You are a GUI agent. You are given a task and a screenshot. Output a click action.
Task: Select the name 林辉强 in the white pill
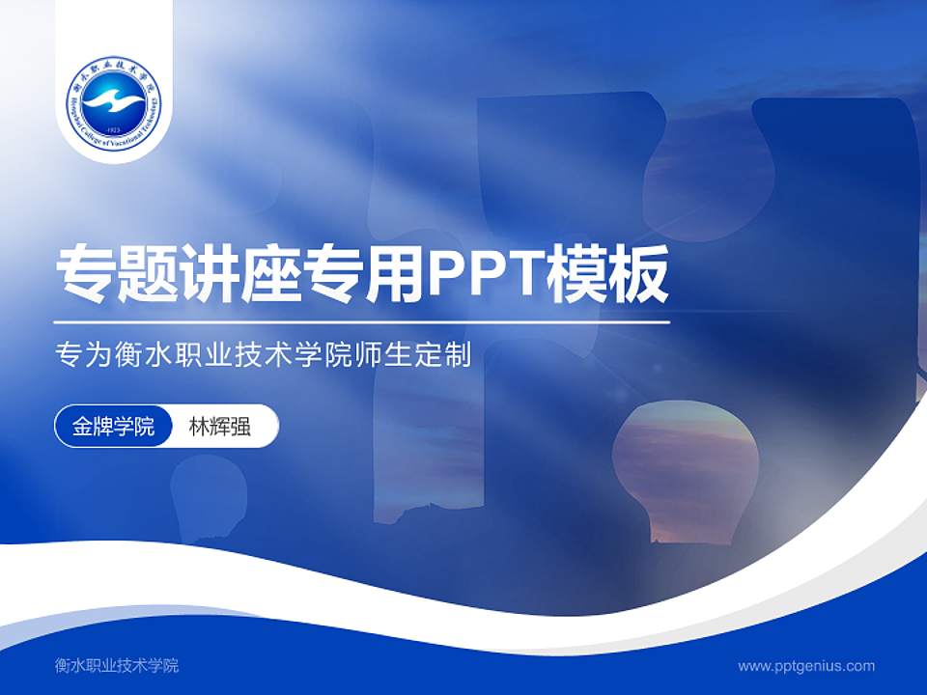(220, 427)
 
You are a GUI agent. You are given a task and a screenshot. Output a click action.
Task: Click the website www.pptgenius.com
(806, 666)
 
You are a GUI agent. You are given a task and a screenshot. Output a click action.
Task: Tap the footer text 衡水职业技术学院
(117, 666)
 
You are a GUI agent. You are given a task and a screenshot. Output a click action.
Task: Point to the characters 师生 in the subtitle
(398, 356)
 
